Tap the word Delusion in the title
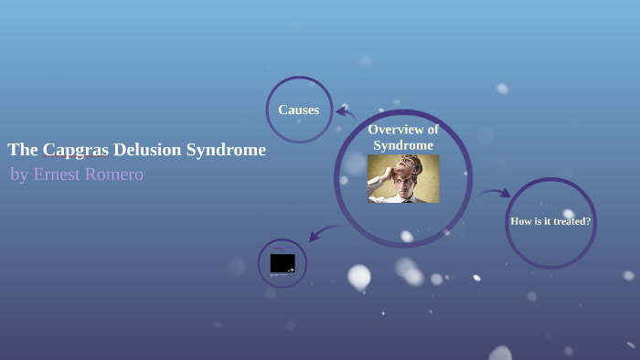pos(147,150)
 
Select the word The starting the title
pos(22,150)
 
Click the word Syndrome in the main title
pos(226,150)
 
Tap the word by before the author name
pos(19,175)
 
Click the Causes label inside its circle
pos(299,110)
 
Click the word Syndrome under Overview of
pos(403,145)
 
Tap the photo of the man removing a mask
pos(403,178)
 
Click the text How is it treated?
pos(550,221)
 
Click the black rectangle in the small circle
pos(283,263)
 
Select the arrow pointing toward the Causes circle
pos(345,113)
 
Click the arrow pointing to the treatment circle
pos(495,193)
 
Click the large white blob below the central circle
pos(359,276)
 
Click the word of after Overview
pos(431,130)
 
